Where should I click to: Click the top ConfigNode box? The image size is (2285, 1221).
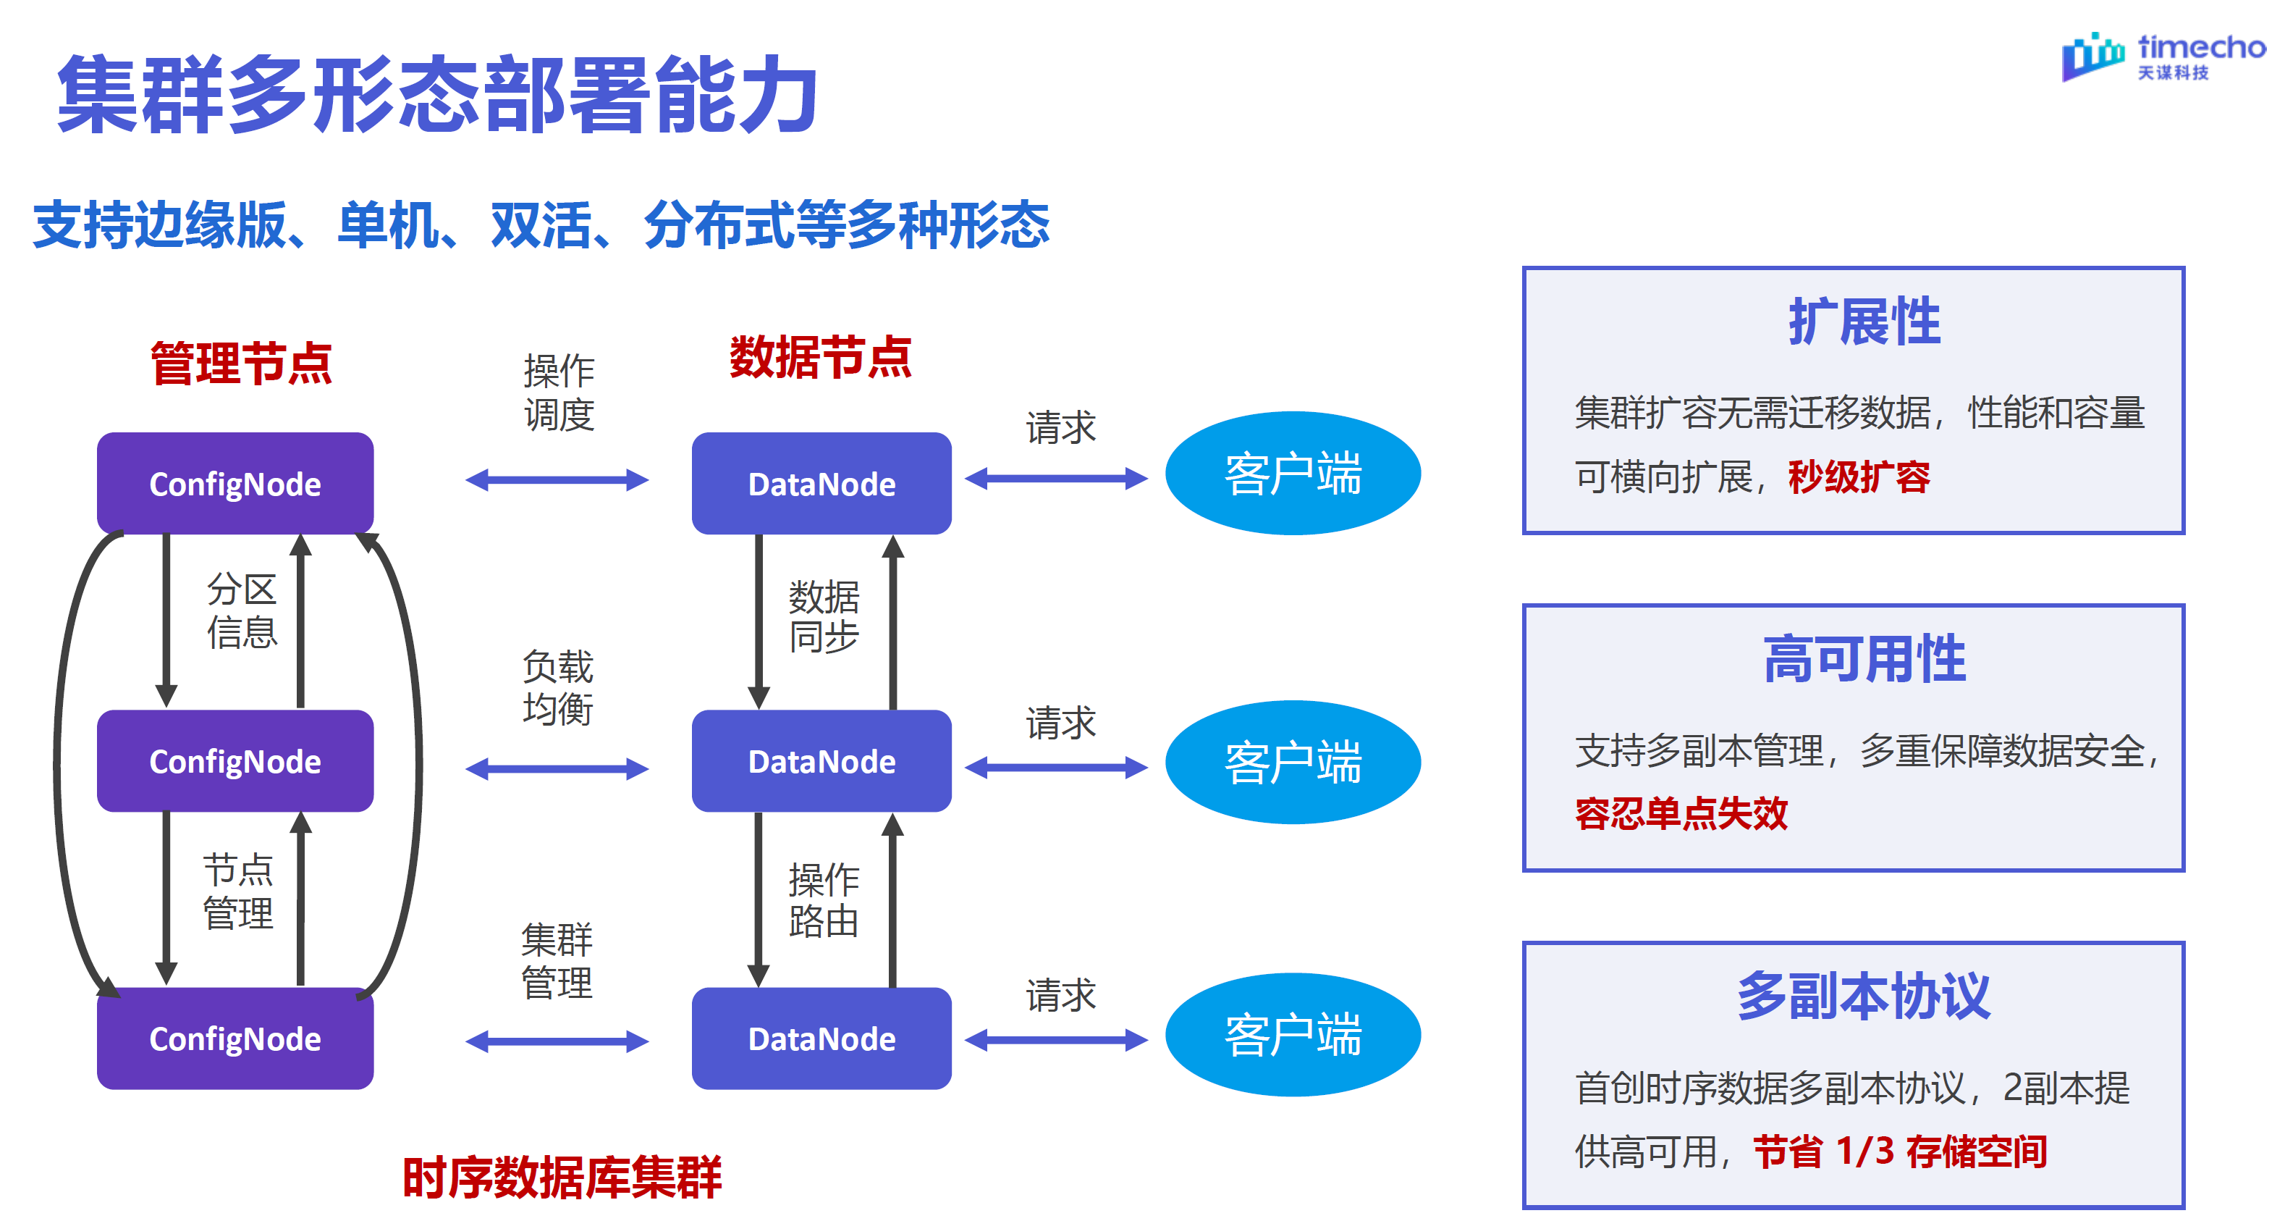235,484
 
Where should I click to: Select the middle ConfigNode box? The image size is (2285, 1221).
235,761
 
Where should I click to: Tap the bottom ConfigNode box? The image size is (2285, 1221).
235,1039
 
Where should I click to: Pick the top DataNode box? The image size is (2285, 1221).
821,484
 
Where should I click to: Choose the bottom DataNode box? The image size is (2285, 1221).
821,1039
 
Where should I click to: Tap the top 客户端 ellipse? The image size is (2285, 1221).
1293,473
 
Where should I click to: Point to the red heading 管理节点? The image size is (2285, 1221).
240,363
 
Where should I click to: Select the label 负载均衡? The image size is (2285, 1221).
557,688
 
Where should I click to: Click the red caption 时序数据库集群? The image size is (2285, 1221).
562,1178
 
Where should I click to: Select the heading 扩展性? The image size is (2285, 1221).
1864,322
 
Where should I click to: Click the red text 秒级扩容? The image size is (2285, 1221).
1859,477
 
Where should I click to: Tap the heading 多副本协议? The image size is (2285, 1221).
1864,996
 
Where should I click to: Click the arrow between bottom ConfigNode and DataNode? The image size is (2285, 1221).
557,1041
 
